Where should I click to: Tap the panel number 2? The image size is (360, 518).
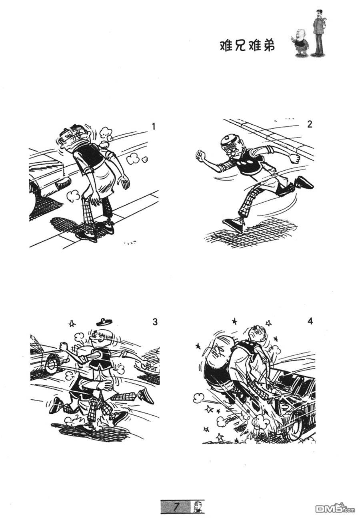tap(310, 124)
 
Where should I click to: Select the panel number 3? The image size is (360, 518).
tap(155, 322)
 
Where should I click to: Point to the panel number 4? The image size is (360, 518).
tap(310, 321)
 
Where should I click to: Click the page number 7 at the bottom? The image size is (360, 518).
tap(176, 507)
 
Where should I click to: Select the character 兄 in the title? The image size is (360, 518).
tap(240, 46)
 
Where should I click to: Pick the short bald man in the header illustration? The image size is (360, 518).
tap(301, 43)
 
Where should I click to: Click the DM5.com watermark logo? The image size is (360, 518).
tap(336, 508)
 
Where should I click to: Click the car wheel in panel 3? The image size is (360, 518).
tap(51, 364)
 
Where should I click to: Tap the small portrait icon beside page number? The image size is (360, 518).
tap(198, 507)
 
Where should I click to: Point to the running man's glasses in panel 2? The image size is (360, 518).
tap(231, 152)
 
